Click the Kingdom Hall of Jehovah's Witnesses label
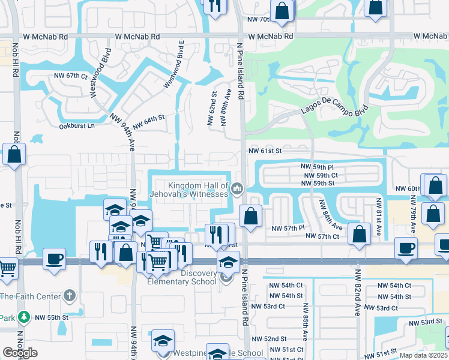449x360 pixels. click(x=198, y=190)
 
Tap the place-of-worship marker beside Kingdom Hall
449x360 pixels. click(x=237, y=190)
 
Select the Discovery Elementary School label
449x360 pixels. click(x=182, y=277)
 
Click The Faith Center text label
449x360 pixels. click(x=30, y=296)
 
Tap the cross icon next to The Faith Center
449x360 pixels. click(x=70, y=296)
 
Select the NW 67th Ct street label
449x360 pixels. click(x=71, y=76)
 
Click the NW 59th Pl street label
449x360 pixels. click(x=317, y=167)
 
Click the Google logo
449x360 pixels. click(x=20, y=352)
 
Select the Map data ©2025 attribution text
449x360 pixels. click(x=424, y=355)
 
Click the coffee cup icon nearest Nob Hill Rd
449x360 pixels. click(x=54, y=259)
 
